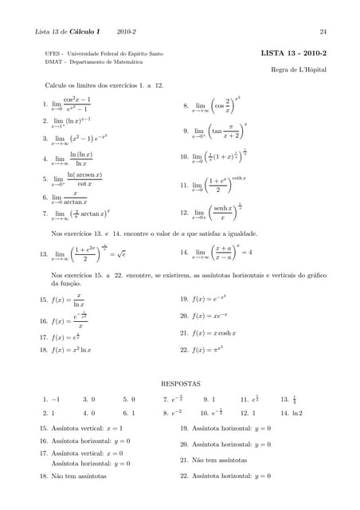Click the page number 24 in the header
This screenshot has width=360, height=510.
[323, 32]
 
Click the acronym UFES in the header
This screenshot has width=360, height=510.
[54, 53]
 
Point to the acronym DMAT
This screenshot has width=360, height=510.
[55, 61]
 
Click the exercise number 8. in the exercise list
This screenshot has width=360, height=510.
[185, 104]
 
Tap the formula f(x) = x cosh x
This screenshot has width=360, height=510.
[213, 333]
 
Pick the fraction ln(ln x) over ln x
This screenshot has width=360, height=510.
[81, 159]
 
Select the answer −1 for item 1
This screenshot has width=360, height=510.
[56, 398]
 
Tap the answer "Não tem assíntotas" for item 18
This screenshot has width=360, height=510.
[79, 476]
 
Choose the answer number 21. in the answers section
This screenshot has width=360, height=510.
[184, 460]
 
